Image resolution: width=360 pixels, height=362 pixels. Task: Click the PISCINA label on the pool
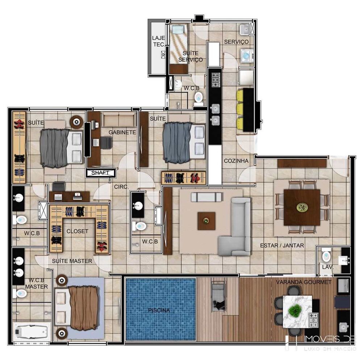click(159, 310)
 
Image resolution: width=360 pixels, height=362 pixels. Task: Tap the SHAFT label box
click(100, 173)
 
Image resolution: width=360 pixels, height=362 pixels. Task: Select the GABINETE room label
click(122, 132)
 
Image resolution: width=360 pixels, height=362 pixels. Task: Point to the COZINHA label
click(236, 161)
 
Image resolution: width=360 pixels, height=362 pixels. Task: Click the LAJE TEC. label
click(159, 41)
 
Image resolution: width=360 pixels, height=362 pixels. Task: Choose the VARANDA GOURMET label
click(304, 282)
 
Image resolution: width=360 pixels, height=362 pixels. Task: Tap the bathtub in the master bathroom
click(32, 332)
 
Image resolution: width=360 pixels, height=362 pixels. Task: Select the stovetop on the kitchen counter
click(216, 80)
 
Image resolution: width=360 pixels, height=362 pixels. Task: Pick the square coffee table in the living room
click(206, 221)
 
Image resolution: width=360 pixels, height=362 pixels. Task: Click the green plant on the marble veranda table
click(295, 310)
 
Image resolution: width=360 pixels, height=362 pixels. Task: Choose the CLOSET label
click(78, 231)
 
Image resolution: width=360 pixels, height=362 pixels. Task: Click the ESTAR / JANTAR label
click(282, 245)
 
